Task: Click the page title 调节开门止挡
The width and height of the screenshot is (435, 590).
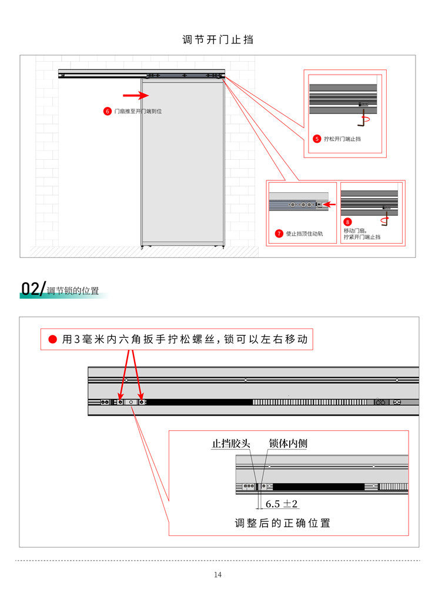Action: tap(217, 39)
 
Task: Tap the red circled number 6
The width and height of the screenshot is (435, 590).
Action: tap(107, 112)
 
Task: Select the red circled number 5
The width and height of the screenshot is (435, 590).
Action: tap(317, 139)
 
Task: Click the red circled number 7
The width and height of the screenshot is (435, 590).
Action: tap(279, 234)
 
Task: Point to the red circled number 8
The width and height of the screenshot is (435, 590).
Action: tap(347, 222)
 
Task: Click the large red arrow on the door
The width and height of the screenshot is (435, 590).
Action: tap(136, 95)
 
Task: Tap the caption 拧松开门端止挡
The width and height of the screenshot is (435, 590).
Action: tap(342, 139)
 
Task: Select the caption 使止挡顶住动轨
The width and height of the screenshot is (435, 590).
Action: tap(304, 234)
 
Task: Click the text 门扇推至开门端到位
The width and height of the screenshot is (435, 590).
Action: tap(138, 112)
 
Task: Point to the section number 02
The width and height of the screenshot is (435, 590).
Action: tap(30, 289)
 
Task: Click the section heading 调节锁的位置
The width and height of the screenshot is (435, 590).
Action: tap(73, 291)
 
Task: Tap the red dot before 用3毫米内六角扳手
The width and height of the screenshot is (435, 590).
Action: tap(53, 340)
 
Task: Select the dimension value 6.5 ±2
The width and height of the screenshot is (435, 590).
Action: tap(282, 504)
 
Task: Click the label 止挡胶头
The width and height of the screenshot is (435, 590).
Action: tap(231, 444)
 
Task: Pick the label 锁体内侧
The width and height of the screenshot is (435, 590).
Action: tap(288, 444)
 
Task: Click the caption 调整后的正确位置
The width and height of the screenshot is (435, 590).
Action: tap(283, 523)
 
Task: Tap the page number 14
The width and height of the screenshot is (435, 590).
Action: tap(217, 575)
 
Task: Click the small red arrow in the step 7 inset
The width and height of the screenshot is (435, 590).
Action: tap(330, 205)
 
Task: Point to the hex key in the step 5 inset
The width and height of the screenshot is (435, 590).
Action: tap(363, 118)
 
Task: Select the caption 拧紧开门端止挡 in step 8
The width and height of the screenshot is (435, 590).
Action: tap(362, 237)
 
